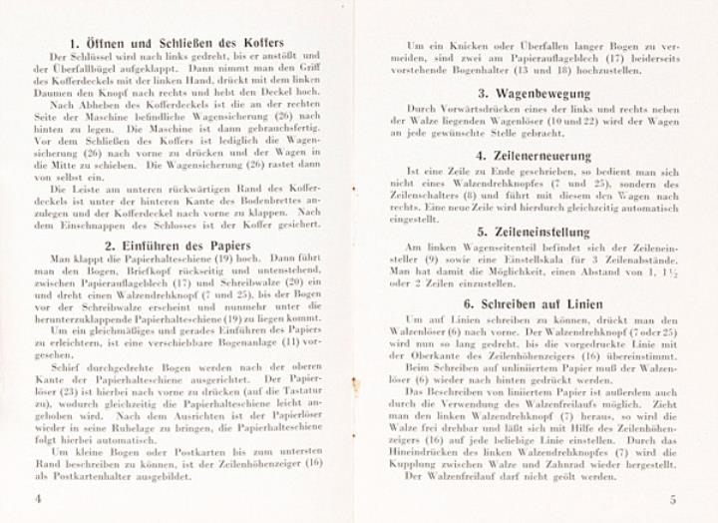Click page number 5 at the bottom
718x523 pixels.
[x=673, y=498]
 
